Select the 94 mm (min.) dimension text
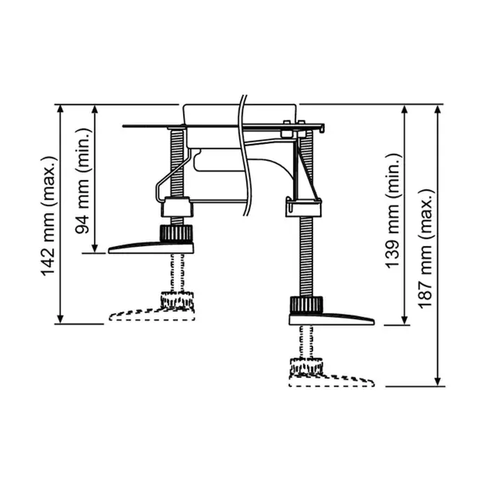[x=82, y=180]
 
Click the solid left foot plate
[x=151, y=248]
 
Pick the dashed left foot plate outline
[x=152, y=314]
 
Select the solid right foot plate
[x=331, y=319]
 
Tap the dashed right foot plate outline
[x=331, y=381]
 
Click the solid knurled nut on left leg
[x=176, y=233]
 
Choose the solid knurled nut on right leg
[x=306, y=305]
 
